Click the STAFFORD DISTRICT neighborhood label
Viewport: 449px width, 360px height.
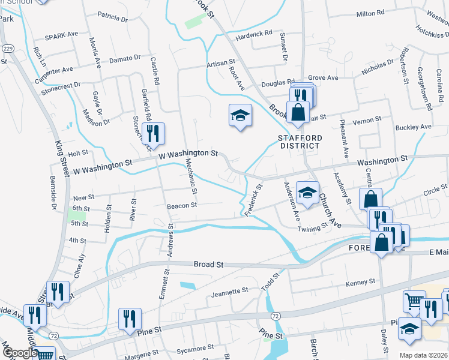[300, 142]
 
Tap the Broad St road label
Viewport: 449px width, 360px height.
[208, 264]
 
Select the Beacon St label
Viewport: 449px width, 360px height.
[182, 205]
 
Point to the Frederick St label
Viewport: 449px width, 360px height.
[256, 196]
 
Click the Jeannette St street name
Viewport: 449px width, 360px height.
[230, 291]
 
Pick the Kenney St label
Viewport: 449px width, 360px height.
[360, 281]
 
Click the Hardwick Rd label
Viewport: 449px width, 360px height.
[254, 35]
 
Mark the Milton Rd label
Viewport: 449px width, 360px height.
[370, 13]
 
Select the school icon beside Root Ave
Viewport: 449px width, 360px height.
[240, 115]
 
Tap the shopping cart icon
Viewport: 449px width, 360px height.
[414, 302]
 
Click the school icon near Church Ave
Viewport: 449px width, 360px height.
[307, 194]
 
